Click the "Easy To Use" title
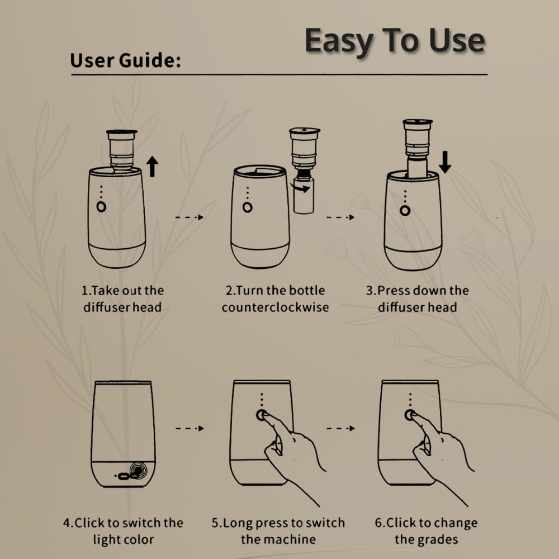coord(395,41)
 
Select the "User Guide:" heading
coord(125,60)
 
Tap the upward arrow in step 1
coord(152,166)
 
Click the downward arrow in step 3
coord(444,162)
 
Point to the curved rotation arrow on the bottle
coord(300,187)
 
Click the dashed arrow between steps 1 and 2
coord(190,217)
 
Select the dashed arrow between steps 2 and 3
coord(340,217)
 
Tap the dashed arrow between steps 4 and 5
coord(190,428)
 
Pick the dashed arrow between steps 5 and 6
coord(341,428)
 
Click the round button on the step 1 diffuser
coord(101,207)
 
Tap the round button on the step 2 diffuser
coord(248,207)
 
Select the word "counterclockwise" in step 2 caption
coord(275,307)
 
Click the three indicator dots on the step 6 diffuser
coord(410,400)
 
